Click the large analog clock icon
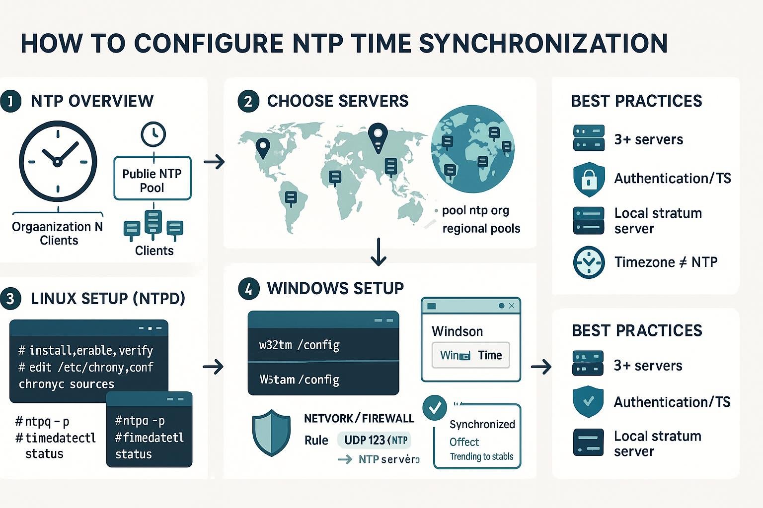click(58, 161)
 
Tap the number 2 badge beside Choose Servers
click(248, 101)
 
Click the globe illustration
click(472, 149)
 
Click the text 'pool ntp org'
click(475, 210)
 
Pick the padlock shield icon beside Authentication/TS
click(589, 179)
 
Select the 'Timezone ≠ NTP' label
click(666, 262)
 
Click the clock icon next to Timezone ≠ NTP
click(589, 262)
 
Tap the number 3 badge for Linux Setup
click(10, 299)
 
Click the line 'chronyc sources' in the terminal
click(67, 384)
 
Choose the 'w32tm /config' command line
click(299, 345)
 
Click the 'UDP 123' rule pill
click(374, 440)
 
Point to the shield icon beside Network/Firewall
click(271, 432)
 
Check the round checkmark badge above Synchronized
click(435, 408)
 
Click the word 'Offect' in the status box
click(464, 442)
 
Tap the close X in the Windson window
click(512, 306)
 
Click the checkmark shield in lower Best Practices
click(588, 401)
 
